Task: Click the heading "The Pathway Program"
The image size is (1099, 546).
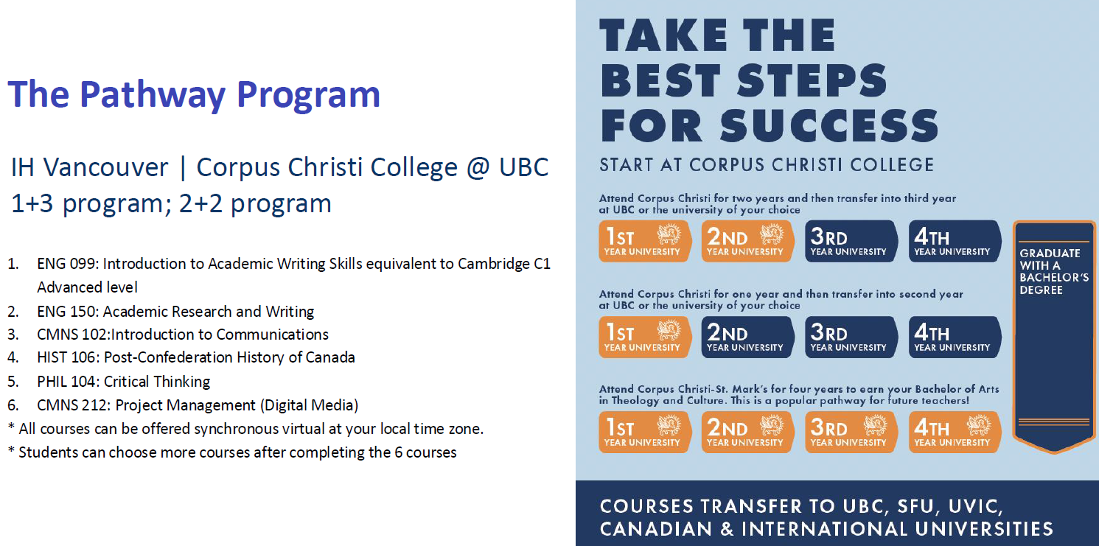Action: pyautogui.click(x=194, y=94)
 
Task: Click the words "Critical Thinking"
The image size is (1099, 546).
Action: pyautogui.click(x=157, y=382)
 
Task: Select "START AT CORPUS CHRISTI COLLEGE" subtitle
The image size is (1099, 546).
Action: pyautogui.click(x=767, y=164)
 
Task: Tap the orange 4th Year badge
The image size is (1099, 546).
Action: pyautogui.click(x=955, y=432)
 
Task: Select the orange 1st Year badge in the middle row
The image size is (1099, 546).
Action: pyautogui.click(x=644, y=337)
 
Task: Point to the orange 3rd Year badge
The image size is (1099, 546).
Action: pyautogui.click(x=851, y=432)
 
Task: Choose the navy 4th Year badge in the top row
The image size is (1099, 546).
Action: pyautogui.click(x=955, y=241)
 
